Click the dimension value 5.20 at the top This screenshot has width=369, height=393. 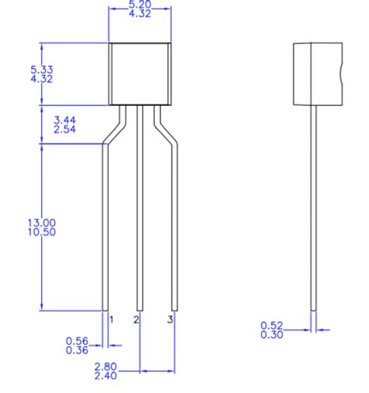[x=140, y=5]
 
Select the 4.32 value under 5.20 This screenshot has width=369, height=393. [x=140, y=14]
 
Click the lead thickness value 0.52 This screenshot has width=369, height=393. [x=272, y=325]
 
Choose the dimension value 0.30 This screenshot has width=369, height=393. [x=272, y=335]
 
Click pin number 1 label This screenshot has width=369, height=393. [x=112, y=320]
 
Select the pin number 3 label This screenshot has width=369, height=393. [x=170, y=320]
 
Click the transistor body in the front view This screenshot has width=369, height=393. [x=140, y=73]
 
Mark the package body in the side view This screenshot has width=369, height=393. [x=315, y=73]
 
